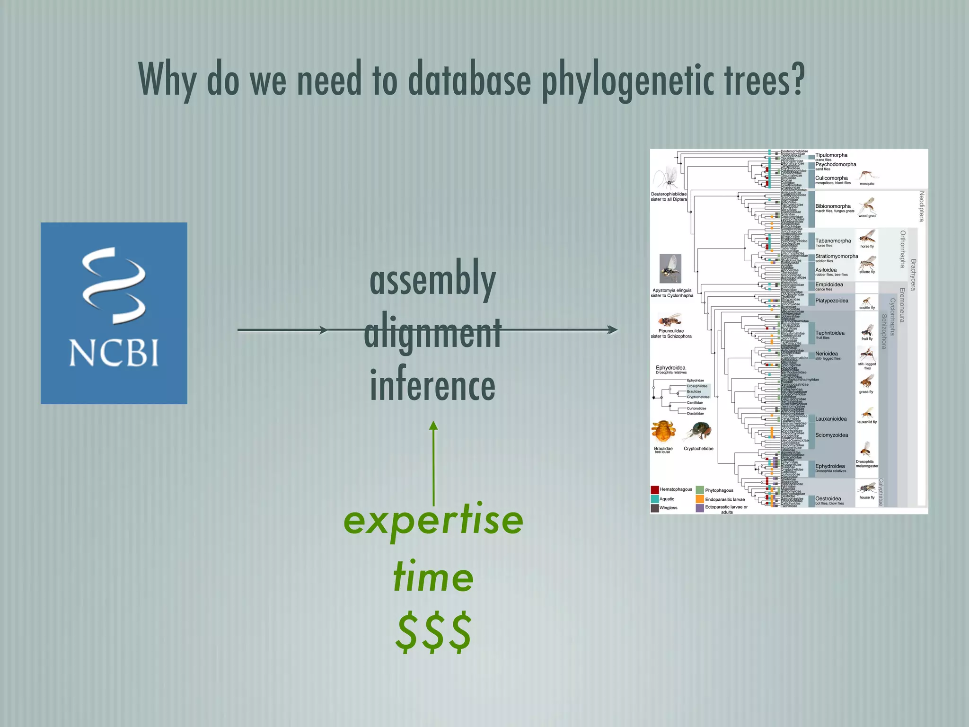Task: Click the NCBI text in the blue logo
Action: point(114,353)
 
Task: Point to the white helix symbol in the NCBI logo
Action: point(114,284)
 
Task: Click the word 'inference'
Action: point(432,385)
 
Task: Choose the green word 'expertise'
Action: point(433,521)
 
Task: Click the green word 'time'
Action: point(433,577)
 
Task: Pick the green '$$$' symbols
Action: point(433,632)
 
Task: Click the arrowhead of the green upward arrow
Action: point(433,426)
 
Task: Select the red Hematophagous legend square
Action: point(655,490)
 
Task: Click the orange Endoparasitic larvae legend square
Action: point(700,499)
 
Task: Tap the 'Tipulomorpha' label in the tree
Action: point(831,155)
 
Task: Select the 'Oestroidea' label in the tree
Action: point(828,498)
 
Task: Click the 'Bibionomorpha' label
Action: point(833,206)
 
